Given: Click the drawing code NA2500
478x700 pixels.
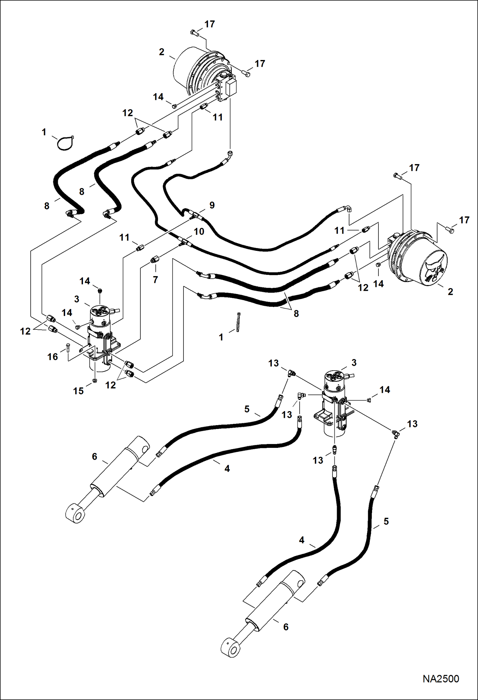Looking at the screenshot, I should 441,678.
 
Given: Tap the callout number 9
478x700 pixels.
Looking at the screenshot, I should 212,205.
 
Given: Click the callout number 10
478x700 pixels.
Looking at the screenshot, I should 199,231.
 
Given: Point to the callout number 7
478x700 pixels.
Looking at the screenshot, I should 155,280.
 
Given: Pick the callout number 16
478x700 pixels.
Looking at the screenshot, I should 53,357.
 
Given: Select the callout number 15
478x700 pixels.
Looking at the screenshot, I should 78,391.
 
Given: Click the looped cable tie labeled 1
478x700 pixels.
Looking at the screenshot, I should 65,143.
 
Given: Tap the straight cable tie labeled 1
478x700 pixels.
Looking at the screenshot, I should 238,322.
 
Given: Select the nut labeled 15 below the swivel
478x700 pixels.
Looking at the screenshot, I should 95,380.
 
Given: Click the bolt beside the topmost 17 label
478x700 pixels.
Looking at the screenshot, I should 193,32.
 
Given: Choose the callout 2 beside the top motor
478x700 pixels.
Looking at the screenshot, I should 162,52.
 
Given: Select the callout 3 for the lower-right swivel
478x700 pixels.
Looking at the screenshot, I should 354,363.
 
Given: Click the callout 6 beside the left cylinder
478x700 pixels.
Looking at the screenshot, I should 94,456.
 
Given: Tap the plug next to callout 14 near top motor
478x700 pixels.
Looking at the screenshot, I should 174,106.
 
